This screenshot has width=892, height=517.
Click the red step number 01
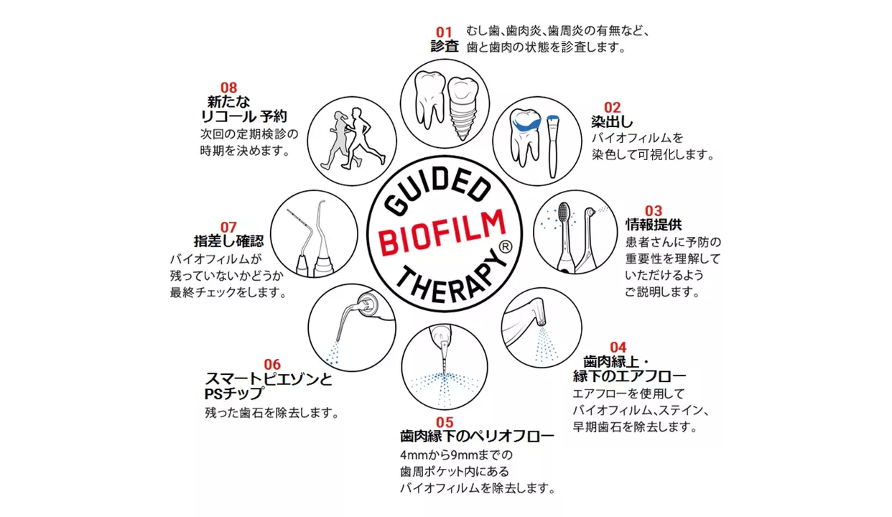point(444,32)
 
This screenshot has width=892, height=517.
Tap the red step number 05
point(445,422)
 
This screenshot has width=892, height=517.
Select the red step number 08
point(228,88)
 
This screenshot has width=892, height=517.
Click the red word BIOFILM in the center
point(444,231)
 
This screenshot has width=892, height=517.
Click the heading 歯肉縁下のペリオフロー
point(477,437)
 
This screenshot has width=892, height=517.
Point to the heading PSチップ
point(233,394)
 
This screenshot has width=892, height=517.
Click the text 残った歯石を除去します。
point(271,413)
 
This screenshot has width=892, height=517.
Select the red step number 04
point(618,348)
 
